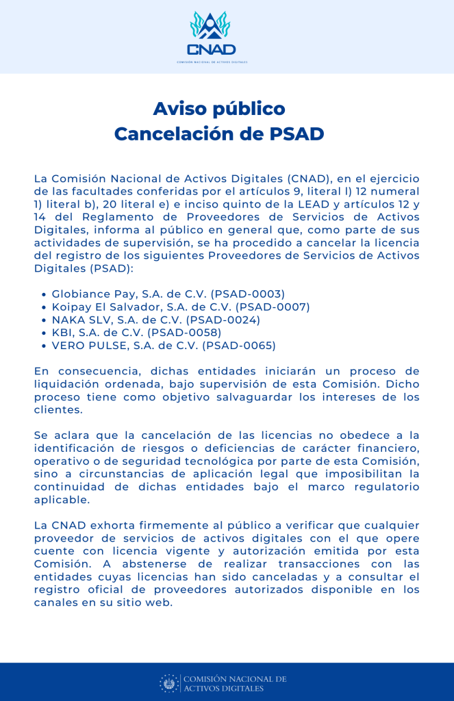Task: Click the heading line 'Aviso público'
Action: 218,109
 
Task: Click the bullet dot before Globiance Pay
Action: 45,294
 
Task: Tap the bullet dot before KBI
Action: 45,333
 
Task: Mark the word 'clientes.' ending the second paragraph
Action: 58,410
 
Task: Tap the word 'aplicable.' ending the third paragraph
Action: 62,500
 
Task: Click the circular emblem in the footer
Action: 169,683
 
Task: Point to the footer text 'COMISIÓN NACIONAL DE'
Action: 234,678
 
